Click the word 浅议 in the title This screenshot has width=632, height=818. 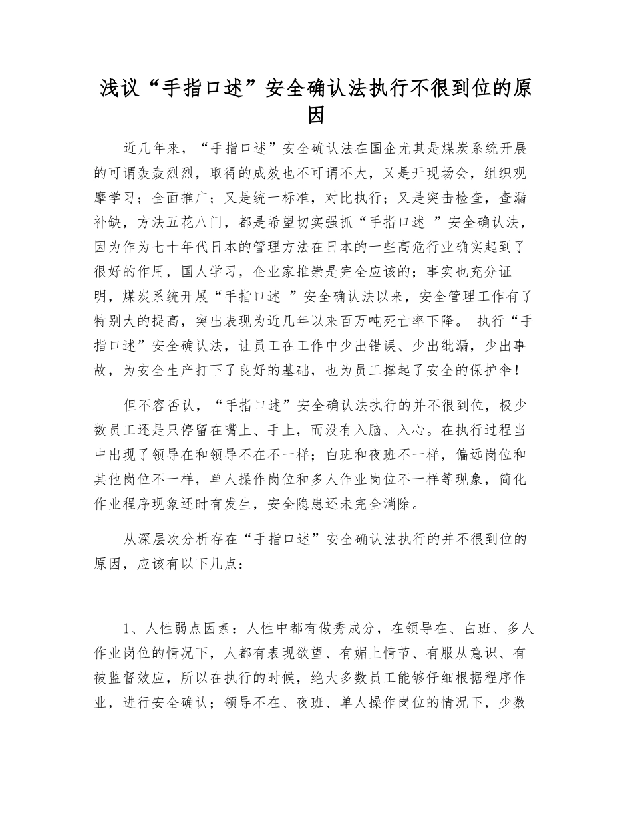[116, 88]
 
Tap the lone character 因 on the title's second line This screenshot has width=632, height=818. [316, 115]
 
